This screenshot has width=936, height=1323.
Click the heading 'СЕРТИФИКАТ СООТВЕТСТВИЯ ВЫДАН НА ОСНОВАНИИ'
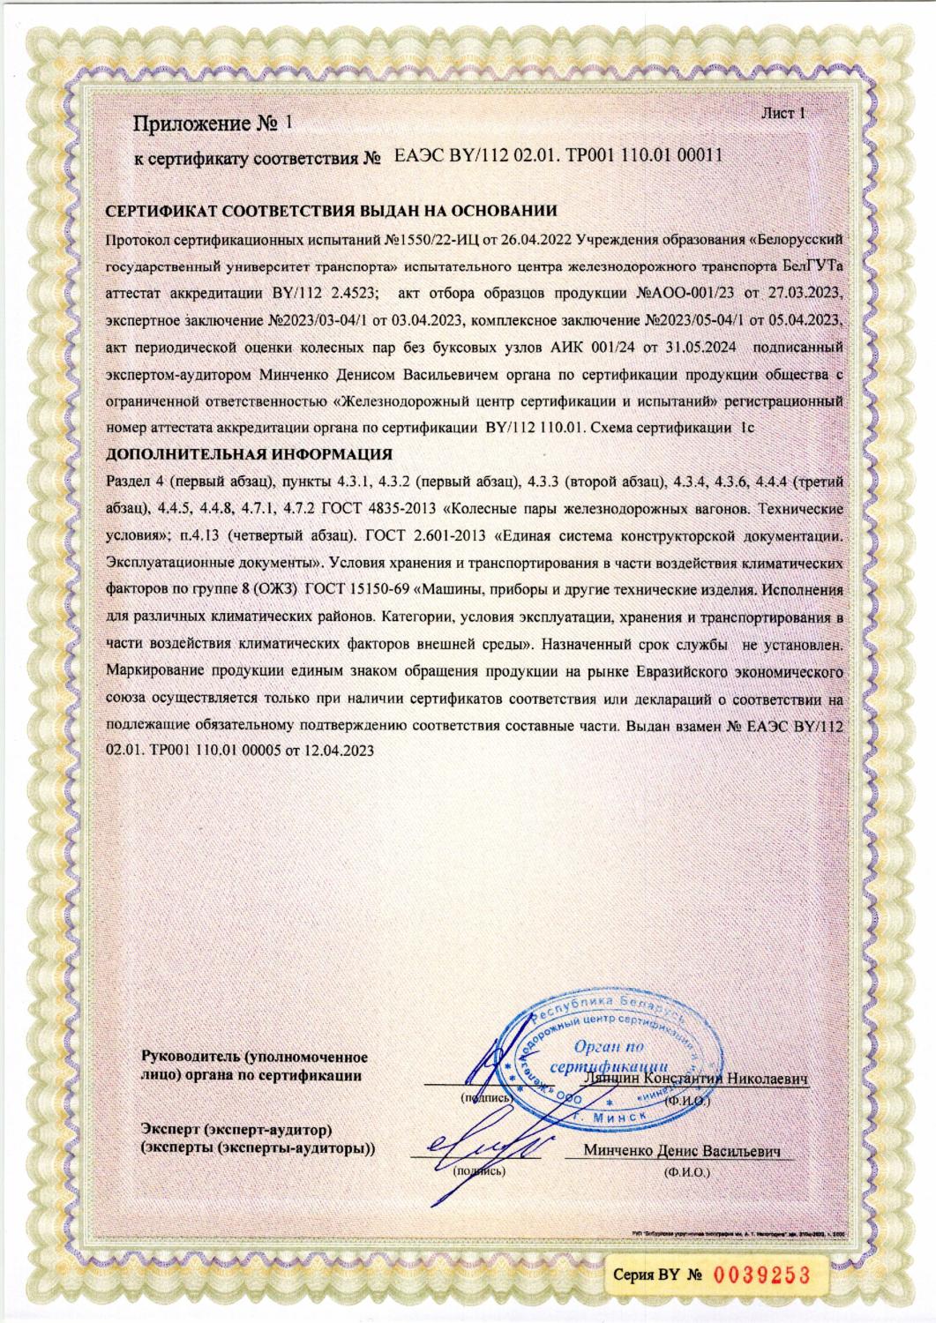pyautogui.click(x=331, y=212)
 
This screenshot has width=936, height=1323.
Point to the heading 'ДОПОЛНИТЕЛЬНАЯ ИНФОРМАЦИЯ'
pyautogui.click(x=249, y=456)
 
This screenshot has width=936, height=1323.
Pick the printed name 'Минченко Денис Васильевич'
pyautogui.click(x=683, y=1151)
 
